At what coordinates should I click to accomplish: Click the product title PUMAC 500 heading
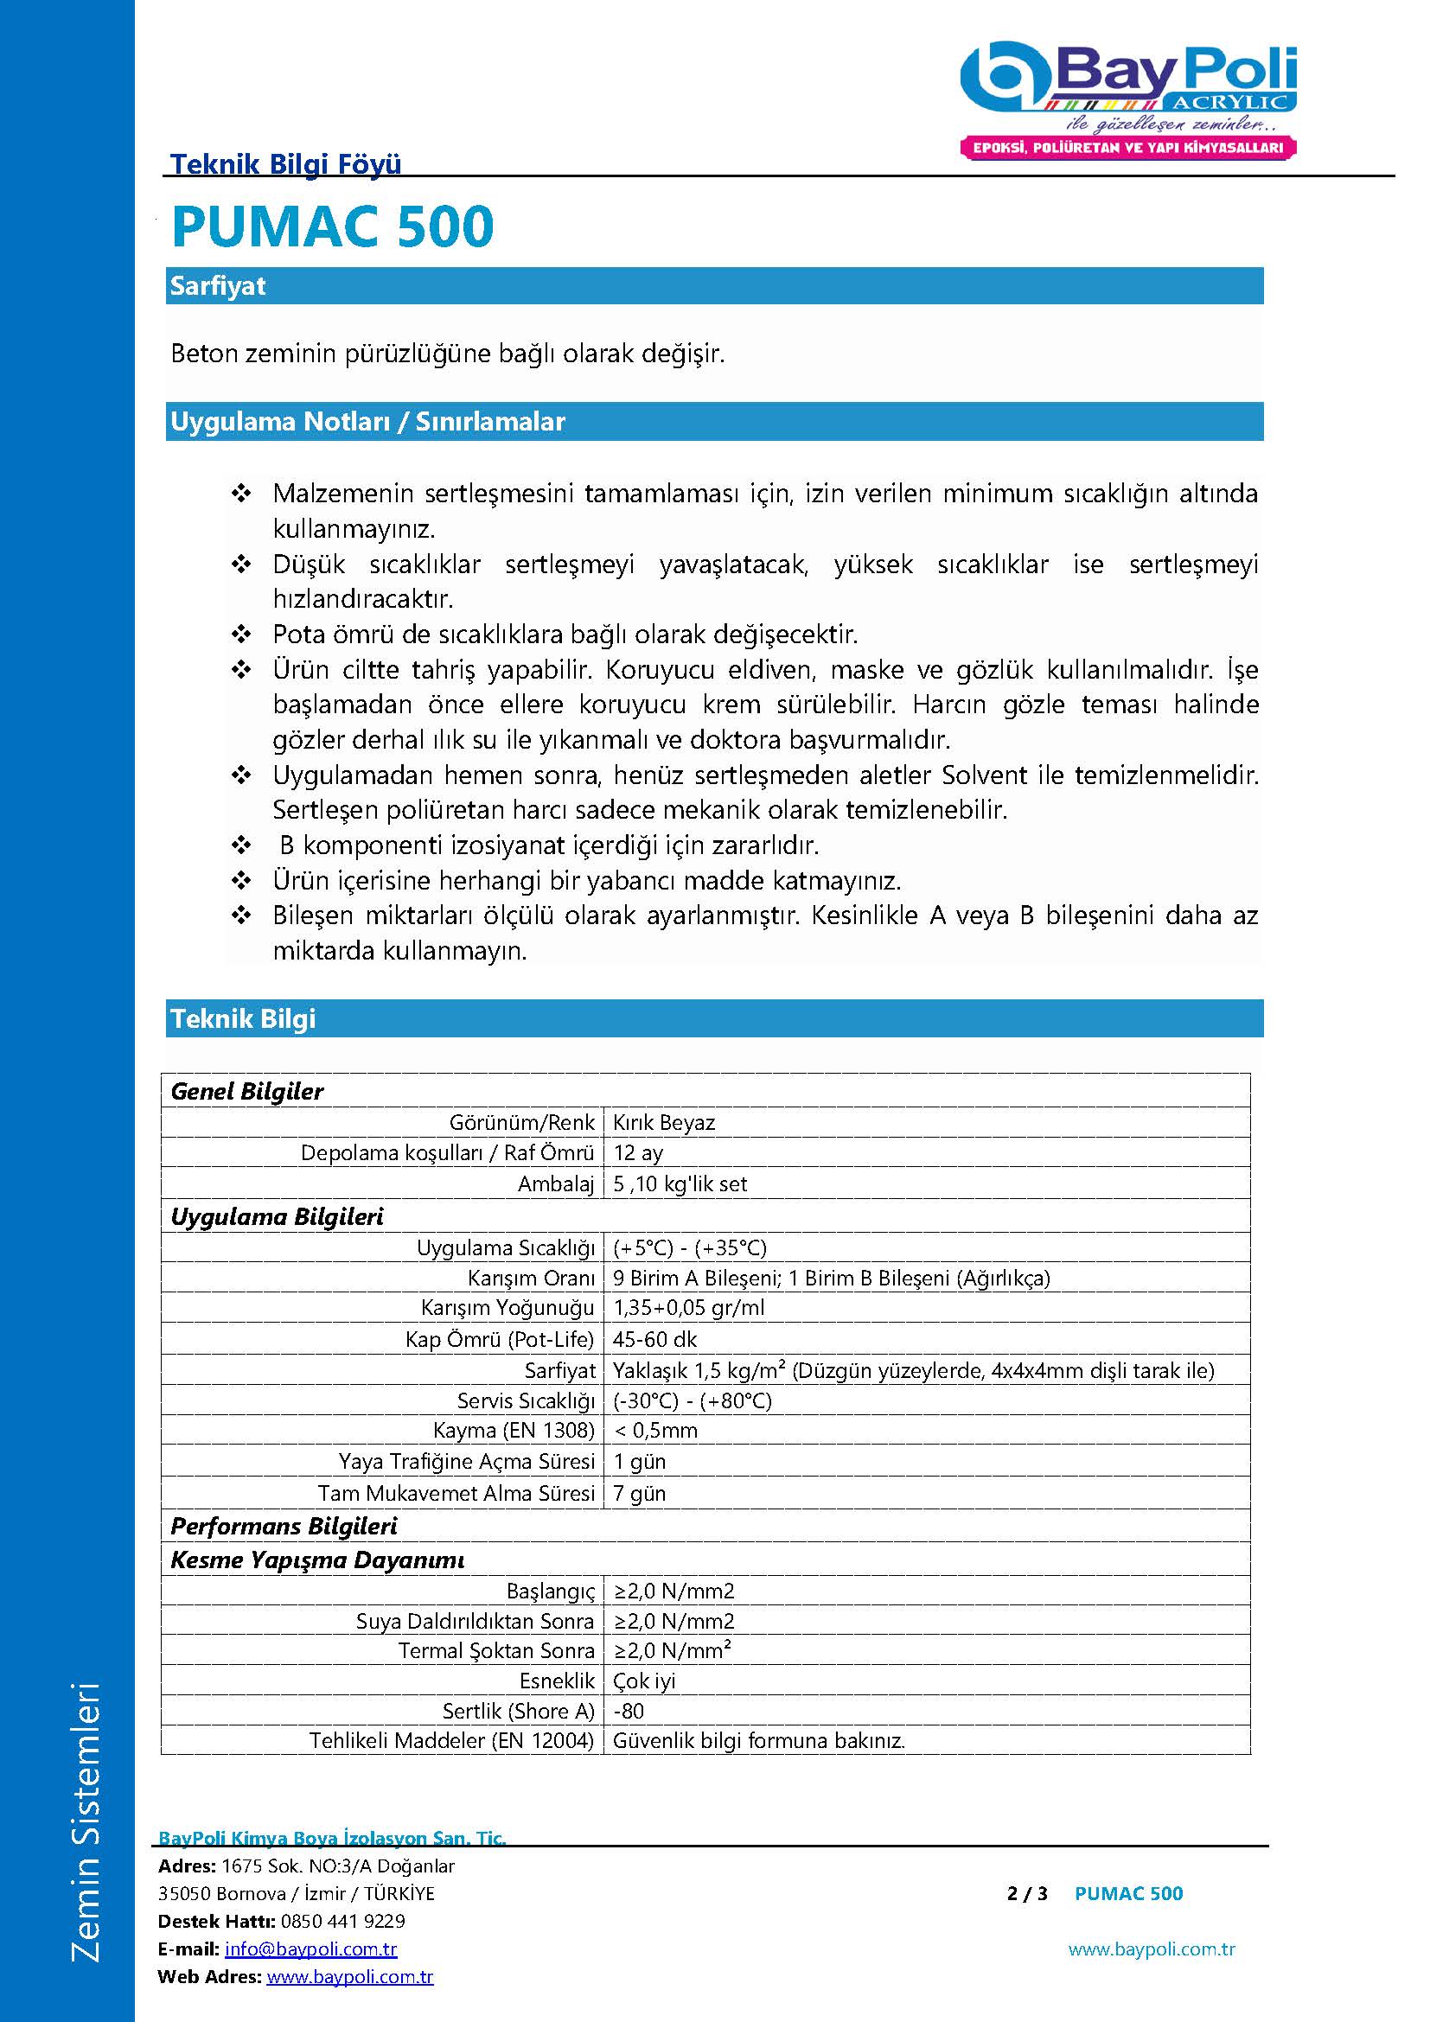tap(332, 227)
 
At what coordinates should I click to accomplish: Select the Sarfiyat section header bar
tap(713, 286)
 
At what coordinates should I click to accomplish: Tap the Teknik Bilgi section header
tap(713, 1019)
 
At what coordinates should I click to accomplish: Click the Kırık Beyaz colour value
tap(663, 1123)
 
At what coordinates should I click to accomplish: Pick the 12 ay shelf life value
tap(637, 1153)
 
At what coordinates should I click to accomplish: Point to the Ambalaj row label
tap(556, 1184)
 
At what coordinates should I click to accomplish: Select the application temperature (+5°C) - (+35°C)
tap(689, 1248)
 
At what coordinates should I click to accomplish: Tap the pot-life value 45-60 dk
tap(654, 1339)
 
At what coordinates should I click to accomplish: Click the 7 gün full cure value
tap(639, 1494)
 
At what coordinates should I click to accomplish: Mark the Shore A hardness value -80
tap(629, 1711)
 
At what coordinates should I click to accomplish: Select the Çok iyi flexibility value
tap(644, 1681)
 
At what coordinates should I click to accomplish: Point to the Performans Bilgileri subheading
tap(284, 1526)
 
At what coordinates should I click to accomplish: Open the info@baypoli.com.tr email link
tap(311, 1949)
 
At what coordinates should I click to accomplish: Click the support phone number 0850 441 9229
tap(342, 1921)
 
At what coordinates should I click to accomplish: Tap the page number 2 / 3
tap(1027, 1893)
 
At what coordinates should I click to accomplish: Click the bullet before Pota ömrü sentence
tap(240, 634)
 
